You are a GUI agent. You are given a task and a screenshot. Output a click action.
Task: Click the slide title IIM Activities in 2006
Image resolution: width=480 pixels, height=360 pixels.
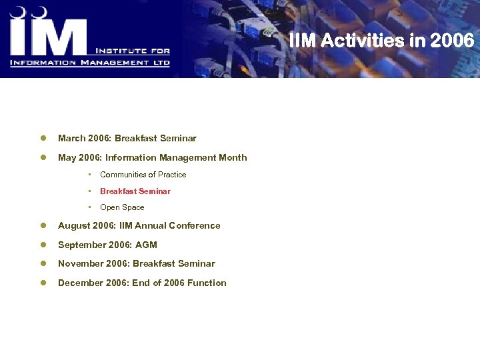(x=382, y=41)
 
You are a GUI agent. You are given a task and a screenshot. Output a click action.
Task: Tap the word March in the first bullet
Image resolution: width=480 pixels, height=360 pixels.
(x=71, y=139)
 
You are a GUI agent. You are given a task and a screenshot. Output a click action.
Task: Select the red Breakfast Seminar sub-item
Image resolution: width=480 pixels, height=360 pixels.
(x=135, y=191)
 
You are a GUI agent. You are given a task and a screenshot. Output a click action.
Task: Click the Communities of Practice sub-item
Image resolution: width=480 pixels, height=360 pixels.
(x=143, y=175)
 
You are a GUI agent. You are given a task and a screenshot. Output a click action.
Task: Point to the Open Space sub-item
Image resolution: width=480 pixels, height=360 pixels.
(x=122, y=207)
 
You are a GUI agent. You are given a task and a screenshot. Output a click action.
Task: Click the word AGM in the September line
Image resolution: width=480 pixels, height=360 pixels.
(x=146, y=245)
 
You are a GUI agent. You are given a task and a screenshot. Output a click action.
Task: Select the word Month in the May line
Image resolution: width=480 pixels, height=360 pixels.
(x=233, y=158)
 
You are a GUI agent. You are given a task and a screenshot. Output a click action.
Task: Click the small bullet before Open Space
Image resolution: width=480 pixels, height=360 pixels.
(x=89, y=207)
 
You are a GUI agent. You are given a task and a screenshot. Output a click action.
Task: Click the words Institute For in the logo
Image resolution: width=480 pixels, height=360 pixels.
(x=133, y=51)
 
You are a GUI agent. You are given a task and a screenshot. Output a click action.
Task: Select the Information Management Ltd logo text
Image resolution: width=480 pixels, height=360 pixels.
(x=90, y=63)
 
